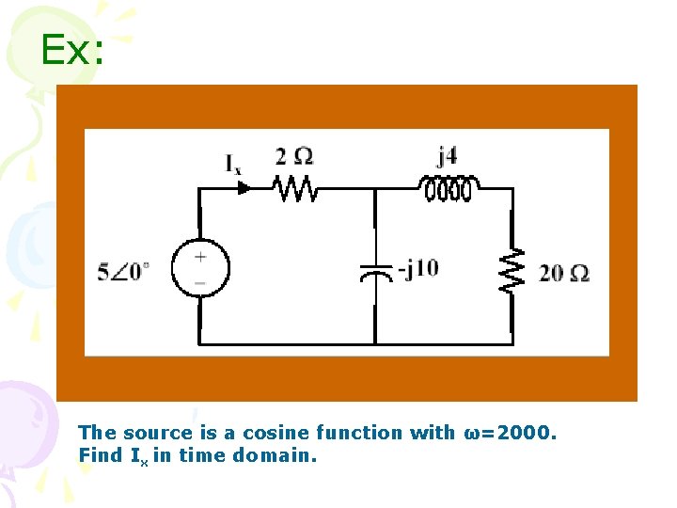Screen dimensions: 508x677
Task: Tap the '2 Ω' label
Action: pyautogui.click(x=294, y=156)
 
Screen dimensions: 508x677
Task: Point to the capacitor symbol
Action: pyautogui.click(x=375, y=274)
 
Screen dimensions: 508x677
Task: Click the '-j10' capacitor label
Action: pyautogui.click(x=417, y=269)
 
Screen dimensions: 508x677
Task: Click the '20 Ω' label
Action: pyautogui.click(x=564, y=274)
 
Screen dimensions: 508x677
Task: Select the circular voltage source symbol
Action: pyautogui.click(x=199, y=268)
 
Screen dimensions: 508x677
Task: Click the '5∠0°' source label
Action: pyautogui.click(x=123, y=272)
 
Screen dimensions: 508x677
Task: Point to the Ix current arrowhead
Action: pyautogui.click(x=244, y=188)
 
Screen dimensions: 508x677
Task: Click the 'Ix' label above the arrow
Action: pyautogui.click(x=233, y=164)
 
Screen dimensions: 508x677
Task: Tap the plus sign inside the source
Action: pyautogui.click(x=199, y=257)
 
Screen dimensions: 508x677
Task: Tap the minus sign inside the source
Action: pyautogui.click(x=199, y=281)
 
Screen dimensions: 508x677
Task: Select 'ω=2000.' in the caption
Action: pyautogui.click(x=512, y=433)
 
